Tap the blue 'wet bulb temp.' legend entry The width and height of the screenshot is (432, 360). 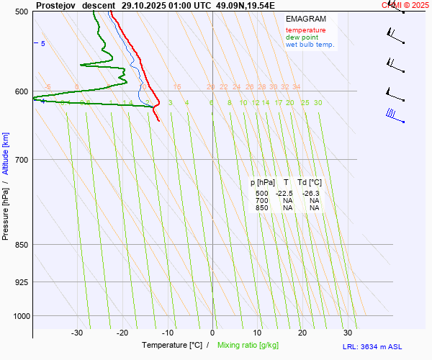310,45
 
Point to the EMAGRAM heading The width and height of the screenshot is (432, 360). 305,19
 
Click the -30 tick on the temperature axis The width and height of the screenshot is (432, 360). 77,333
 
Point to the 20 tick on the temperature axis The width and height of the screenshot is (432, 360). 302,333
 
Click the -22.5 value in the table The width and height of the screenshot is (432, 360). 284,194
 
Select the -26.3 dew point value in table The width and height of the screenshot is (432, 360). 311,194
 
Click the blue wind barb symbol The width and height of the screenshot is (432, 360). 392,114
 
